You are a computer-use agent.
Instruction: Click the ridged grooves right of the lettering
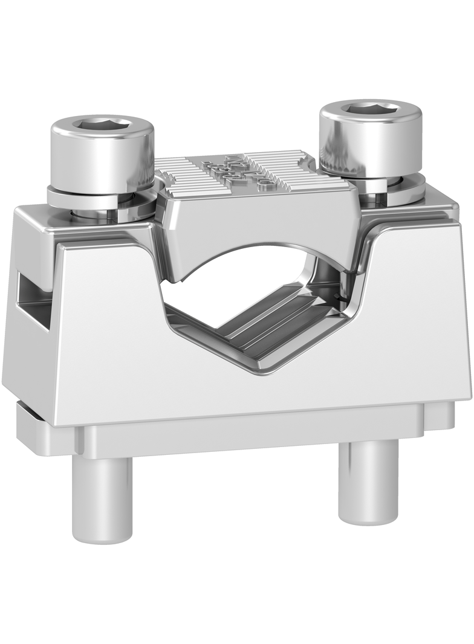(296, 169)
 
